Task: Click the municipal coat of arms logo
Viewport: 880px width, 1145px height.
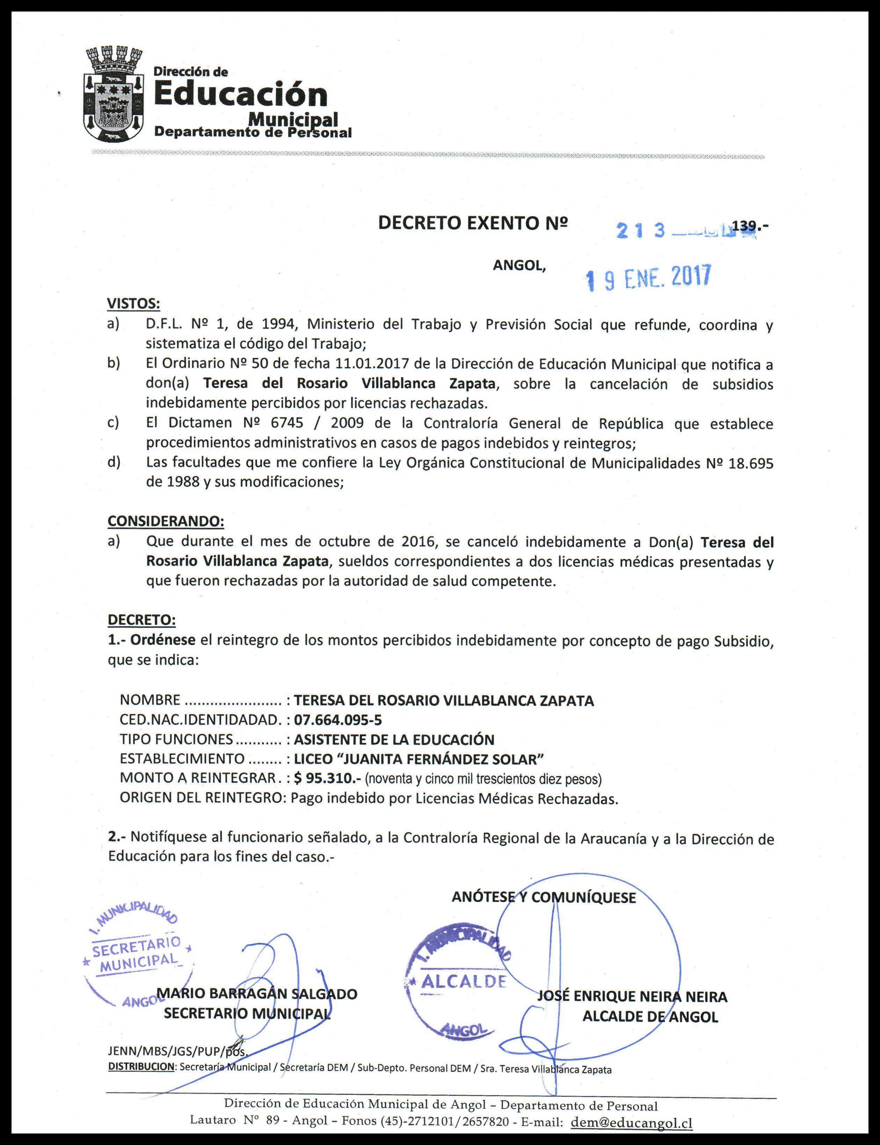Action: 114,94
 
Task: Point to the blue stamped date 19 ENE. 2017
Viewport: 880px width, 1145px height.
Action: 648,278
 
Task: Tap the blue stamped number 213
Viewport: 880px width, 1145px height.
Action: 641,230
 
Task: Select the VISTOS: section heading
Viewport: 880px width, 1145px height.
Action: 133,304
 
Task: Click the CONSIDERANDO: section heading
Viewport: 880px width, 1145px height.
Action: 166,521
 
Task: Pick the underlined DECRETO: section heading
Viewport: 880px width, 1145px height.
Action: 141,620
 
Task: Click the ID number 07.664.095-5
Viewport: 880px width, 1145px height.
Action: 338,720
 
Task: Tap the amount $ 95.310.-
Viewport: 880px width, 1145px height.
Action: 327,778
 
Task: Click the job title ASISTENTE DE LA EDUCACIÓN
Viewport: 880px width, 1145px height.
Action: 394,740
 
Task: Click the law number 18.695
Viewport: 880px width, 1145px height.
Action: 751,464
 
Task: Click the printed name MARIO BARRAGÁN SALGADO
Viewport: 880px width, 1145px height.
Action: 257,994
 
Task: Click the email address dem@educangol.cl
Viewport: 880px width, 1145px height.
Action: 632,1123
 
